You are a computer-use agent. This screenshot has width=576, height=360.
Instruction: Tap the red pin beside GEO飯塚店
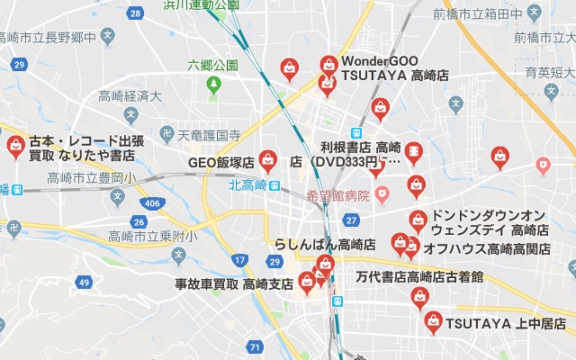[267, 161]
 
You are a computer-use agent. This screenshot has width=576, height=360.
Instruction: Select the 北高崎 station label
[247, 185]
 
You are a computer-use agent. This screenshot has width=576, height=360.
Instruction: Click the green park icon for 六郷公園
[213, 85]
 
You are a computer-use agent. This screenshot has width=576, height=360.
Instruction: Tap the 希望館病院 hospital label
[338, 194]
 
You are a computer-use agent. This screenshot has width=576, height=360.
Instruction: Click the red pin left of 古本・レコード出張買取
[15, 148]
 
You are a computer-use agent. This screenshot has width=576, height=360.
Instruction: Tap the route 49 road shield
[85, 283]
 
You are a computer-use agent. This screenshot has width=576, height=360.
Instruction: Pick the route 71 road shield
[256, 346]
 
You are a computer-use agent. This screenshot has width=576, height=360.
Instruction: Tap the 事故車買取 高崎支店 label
[234, 283]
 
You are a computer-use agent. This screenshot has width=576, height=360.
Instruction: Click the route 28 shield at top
[135, 13]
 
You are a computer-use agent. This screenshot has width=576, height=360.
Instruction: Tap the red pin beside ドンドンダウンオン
[418, 219]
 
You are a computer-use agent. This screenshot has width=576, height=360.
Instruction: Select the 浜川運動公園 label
[201, 4]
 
